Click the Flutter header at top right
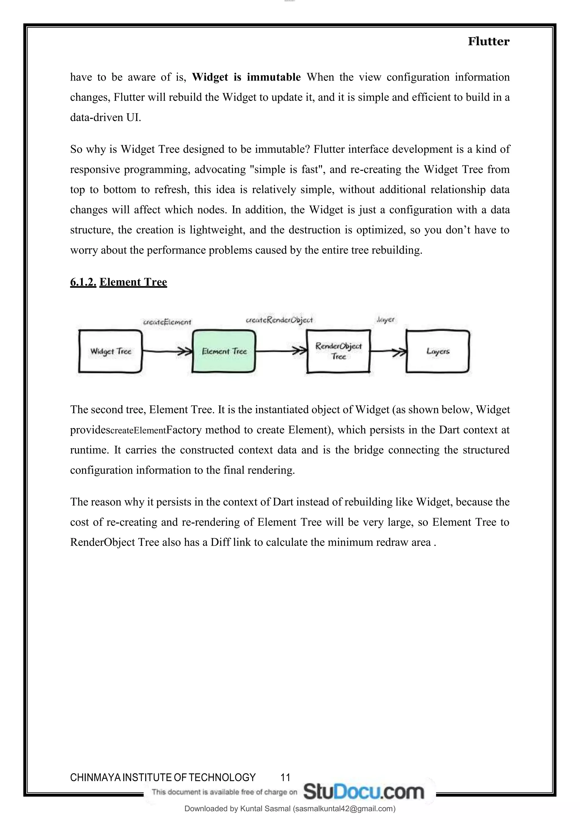coord(488,41)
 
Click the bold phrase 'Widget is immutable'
coord(246,77)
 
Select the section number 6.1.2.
coord(83,282)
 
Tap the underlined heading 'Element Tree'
coord(133,282)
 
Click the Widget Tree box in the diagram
coord(110,351)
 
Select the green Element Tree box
coord(224,351)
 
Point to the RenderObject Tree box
coord(338,351)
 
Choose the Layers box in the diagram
coord(438,351)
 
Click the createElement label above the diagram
coord(167,322)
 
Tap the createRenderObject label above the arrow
coord(279,320)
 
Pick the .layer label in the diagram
coord(385,320)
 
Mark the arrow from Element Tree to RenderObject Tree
coord(281,351)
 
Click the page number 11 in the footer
coord(285,777)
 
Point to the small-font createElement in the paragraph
coord(138,430)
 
